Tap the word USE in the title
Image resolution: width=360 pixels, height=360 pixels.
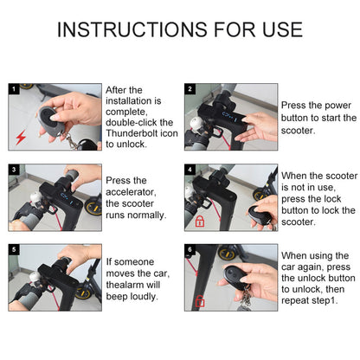[x=274, y=29]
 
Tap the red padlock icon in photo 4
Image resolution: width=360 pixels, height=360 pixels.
[x=199, y=222]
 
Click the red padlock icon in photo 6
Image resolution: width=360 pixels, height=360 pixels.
[x=199, y=302]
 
